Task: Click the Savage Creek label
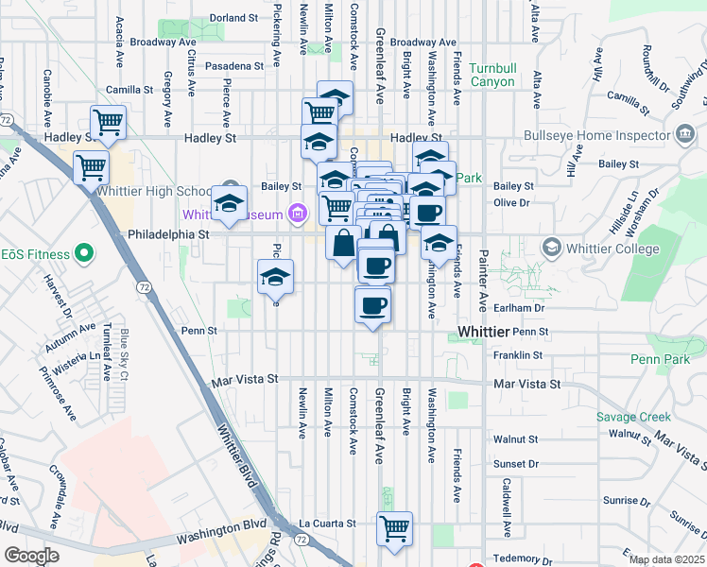tap(633, 417)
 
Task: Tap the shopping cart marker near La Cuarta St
tap(394, 527)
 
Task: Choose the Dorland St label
tap(233, 18)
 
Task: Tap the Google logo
tap(31, 556)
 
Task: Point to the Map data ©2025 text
tap(666, 559)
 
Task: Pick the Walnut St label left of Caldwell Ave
tap(521, 439)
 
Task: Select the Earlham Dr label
tap(526, 308)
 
